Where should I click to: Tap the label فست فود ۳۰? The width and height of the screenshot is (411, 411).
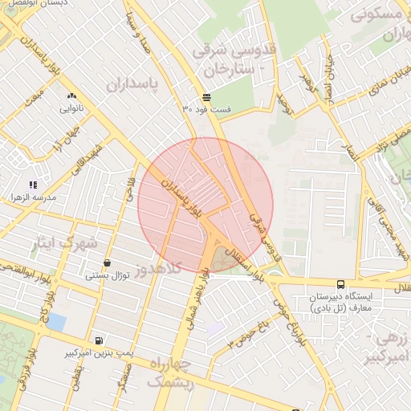pos(207,108)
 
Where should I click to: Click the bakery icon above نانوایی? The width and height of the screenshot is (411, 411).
pos(71,95)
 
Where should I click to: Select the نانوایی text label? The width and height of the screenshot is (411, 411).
pos(71,107)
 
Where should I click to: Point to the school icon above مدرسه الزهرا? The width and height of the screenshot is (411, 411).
pos(33,185)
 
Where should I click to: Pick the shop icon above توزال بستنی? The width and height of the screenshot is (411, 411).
pos(108,263)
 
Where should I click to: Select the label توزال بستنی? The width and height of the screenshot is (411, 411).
pos(108,275)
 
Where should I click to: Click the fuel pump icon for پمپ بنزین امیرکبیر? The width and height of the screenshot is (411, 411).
pos(98,340)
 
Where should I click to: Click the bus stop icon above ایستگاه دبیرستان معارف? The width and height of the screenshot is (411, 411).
pos(341,284)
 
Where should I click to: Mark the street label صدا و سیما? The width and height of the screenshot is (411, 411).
pos(137,31)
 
